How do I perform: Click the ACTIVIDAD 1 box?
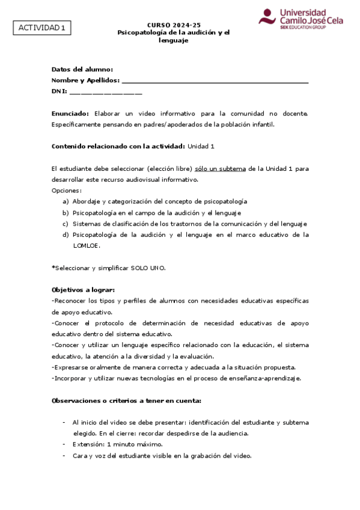click(x=41, y=28)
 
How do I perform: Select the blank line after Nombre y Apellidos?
click(x=215, y=81)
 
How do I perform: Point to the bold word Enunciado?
click(x=70, y=113)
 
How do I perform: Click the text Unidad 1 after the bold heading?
click(x=201, y=146)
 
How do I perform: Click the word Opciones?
click(x=66, y=190)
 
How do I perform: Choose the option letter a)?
click(x=66, y=201)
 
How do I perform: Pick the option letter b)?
click(x=66, y=212)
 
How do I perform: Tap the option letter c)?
click(x=66, y=223)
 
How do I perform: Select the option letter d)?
click(x=66, y=235)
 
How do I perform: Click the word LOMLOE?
click(x=87, y=245)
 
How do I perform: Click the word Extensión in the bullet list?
click(x=88, y=444)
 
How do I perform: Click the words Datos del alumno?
click(x=82, y=69)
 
